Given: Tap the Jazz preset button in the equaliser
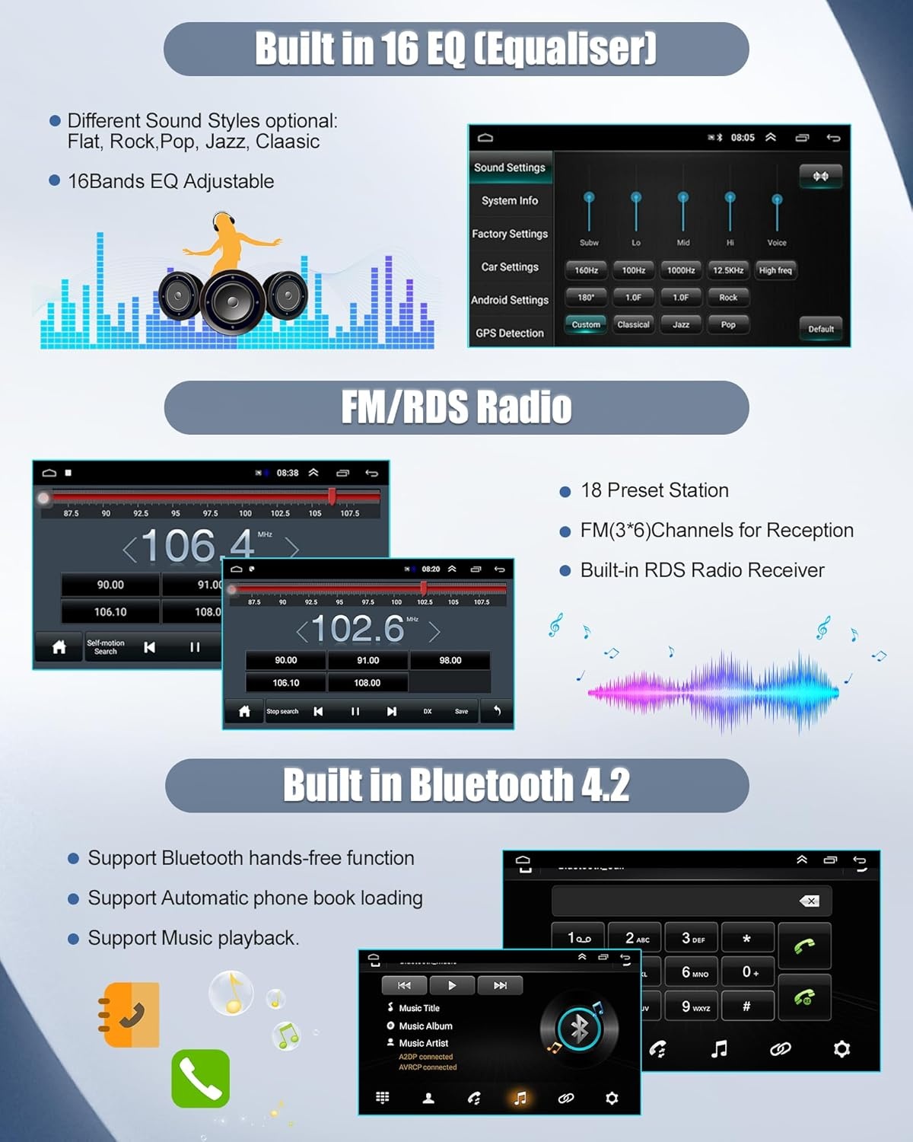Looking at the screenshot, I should [681, 324].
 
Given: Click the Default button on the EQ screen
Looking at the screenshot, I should [821, 329].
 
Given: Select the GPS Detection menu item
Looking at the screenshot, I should [510, 333].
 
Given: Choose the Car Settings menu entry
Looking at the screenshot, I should [510, 266].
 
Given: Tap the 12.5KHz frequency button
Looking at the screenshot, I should [728, 270].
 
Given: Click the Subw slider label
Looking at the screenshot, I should [589, 243].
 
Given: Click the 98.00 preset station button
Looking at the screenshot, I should [450, 660].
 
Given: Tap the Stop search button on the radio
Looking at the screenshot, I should [282, 711].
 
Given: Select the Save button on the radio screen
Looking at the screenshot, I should [461, 711].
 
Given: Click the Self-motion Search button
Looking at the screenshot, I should [106, 647].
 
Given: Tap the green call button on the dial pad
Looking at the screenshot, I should [804, 946].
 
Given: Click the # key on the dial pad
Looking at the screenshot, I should [746, 1006].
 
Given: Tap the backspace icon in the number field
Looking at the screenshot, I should [809, 901].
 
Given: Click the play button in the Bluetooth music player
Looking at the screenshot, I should [452, 985].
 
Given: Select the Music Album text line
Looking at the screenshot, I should [425, 1026].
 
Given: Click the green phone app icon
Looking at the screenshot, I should [200, 1078].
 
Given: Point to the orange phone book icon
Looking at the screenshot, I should [130, 1015].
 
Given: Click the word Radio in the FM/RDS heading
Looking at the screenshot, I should [525, 407].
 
